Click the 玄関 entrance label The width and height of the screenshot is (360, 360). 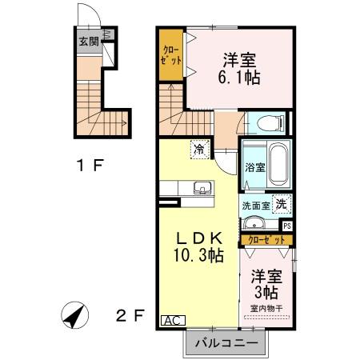[89, 42]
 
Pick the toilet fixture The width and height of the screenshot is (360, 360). [266, 123]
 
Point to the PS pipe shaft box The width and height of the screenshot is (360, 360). [287, 226]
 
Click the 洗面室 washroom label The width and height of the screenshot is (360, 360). [255, 205]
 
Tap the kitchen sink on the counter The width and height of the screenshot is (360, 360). [202, 189]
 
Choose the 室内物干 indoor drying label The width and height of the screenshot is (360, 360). [266, 308]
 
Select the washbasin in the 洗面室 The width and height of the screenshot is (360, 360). [254, 224]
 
